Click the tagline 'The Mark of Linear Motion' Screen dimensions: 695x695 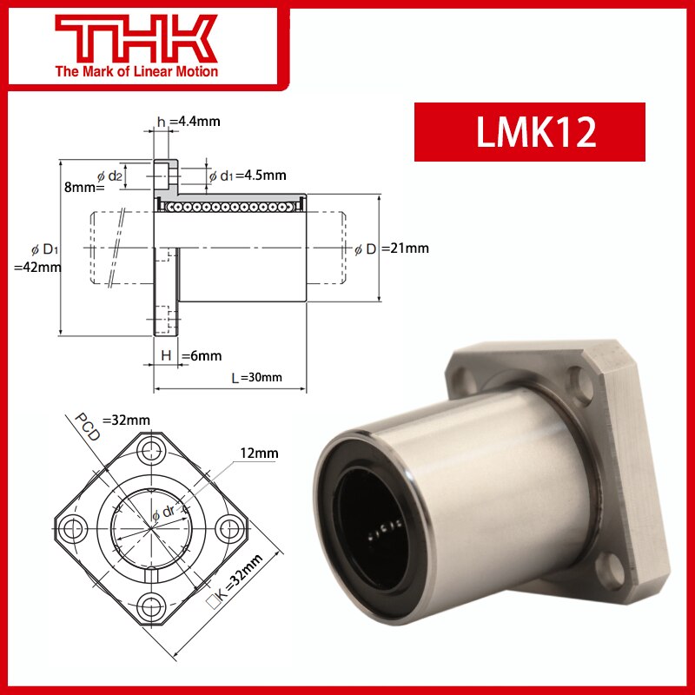point(136,71)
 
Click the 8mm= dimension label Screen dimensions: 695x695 point(83,186)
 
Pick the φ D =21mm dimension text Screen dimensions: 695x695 point(393,249)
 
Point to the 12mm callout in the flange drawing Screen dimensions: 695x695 point(261,453)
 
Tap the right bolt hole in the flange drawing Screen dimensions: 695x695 point(232,526)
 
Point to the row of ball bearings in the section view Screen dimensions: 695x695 point(230,206)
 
